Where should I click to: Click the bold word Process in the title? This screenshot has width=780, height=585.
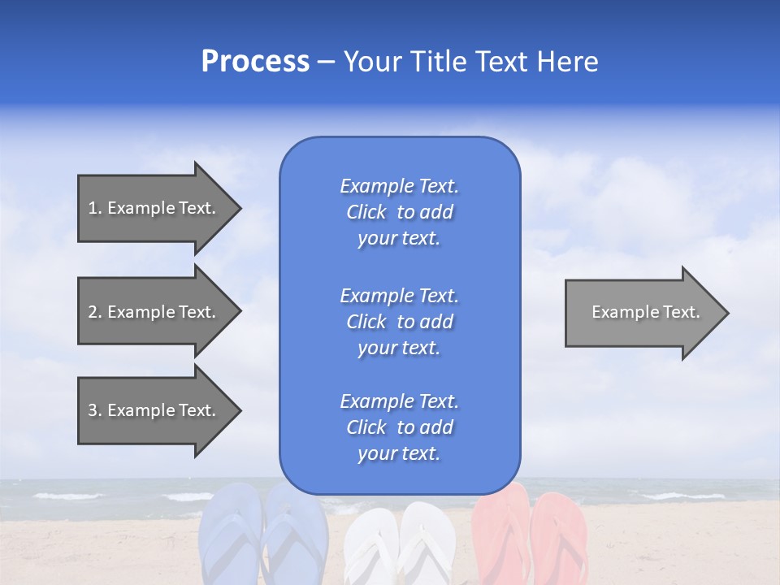255,62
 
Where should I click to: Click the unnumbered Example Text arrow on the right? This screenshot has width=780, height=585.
642,312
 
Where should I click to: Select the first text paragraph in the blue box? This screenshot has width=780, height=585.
399,212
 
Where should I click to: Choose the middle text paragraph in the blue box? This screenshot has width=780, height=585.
399,322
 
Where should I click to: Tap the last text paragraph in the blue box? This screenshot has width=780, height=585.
399,427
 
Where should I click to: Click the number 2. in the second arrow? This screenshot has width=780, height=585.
95,312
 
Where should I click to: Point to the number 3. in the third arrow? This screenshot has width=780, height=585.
95,410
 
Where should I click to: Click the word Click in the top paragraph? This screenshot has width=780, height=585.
366,212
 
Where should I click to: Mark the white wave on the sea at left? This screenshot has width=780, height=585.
69,496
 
